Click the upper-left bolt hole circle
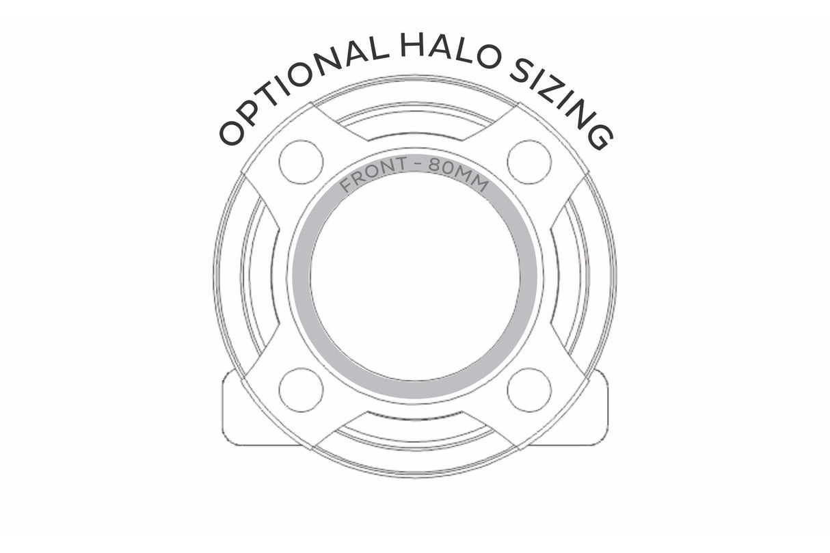301,162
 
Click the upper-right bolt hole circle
529,162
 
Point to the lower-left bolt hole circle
301,390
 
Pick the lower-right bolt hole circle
529,390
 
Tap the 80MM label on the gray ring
459,174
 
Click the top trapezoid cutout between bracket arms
415,122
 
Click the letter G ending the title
600,137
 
